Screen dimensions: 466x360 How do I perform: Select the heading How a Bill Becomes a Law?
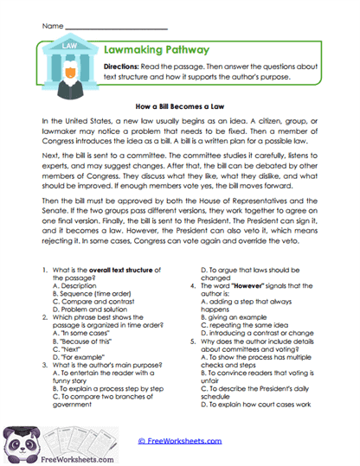tap(180, 105)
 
